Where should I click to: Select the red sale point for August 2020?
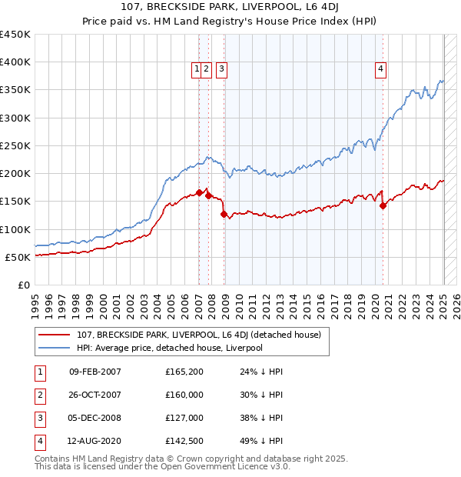pos(383,205)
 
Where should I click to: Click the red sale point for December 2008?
pos(224,215)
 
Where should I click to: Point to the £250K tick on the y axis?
pos(15,145)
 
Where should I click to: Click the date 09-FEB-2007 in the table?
pos(95,372)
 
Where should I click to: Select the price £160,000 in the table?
pos(184,395)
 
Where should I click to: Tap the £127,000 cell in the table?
pos(184,418)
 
